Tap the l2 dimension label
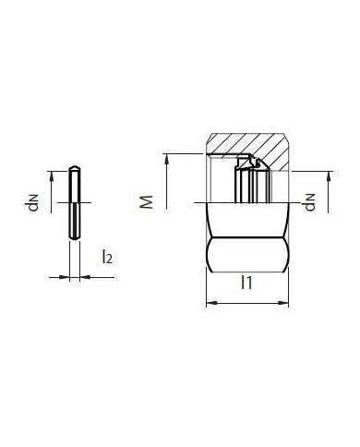107,258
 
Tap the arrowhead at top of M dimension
166,157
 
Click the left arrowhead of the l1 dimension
209,302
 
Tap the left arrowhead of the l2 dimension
66,275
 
